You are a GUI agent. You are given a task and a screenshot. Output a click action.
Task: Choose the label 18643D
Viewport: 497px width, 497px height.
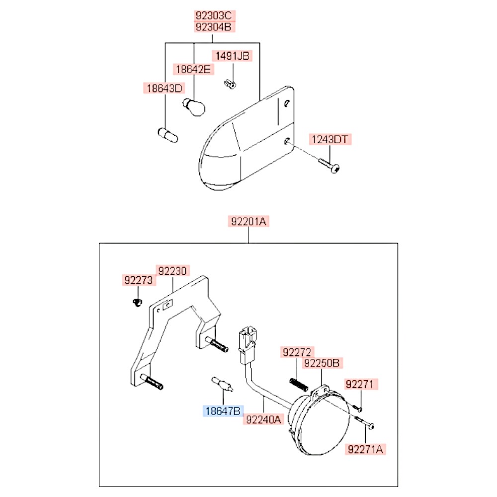click(x=164, y=88)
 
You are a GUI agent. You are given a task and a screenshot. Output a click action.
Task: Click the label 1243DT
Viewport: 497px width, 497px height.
click(x=330, y=140)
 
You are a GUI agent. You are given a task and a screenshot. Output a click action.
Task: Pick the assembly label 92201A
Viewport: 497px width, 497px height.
click(x=249, y=222)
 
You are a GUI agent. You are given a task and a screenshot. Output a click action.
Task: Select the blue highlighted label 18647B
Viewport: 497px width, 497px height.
click(x=223, y=411)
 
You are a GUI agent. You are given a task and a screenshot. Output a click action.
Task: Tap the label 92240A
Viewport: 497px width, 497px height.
click(x=263, y=419)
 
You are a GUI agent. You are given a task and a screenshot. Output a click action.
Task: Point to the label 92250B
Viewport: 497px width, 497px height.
click(x=322, y=363)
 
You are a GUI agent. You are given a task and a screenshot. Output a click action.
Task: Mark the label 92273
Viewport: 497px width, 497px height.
click(x=138, y=280)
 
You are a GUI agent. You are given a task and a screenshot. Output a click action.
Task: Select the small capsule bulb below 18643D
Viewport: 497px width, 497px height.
click(x=168, y=135)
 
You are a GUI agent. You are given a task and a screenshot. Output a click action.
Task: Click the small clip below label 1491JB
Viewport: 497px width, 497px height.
click(x=230, y=84)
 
